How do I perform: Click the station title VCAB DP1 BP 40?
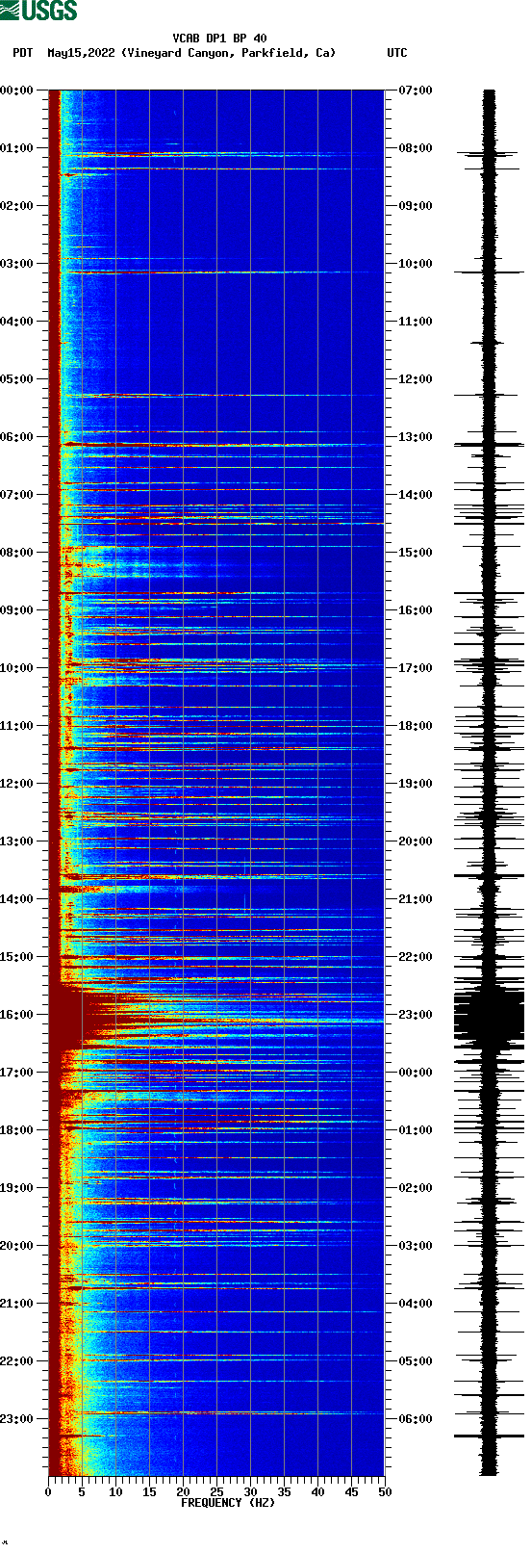click(x=219, y=39)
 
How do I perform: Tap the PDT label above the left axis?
click(x=23, y=53)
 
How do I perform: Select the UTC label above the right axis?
click(x=396, y=53)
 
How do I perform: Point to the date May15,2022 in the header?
click(x=81, y=53)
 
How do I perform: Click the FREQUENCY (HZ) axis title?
click(x=228, y=1503)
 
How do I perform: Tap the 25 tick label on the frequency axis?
click(x=216, y=1492)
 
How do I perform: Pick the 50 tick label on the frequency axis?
click(x=385, y=1492)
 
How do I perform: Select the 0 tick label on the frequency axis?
click(x=48, y=1492)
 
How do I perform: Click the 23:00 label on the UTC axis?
click(x=416, y=1015)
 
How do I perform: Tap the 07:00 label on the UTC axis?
click(x=416, y=91)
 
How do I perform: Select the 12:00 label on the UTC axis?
click(x=416, y=379)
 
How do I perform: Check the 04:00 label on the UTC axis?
click(x=416, y=1304)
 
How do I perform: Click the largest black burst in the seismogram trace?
click(x=490, y=1017)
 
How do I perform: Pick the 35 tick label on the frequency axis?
click(x=284, y=1492)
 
